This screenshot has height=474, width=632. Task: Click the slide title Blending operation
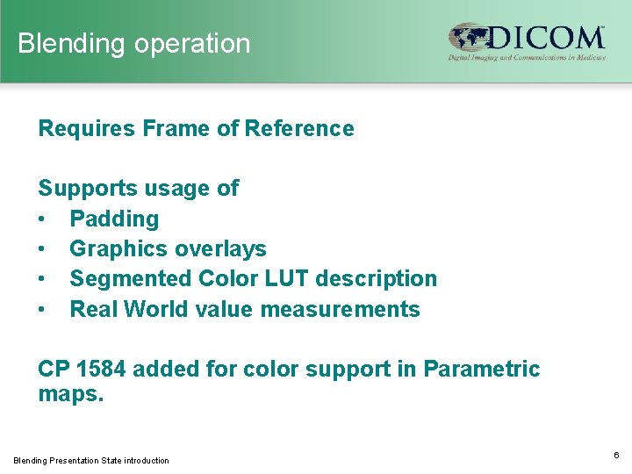(133, 43)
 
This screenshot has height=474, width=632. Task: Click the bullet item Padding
(114, 219)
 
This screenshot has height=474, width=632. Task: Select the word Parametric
(482, 370)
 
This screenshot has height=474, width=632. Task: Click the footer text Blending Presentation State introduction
(91, 460)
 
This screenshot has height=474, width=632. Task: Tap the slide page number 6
(616, 455)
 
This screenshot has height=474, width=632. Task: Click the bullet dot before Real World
(43, 309)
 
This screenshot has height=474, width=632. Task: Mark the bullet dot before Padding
(43, 219)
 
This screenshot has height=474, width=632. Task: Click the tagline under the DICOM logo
(526, 57)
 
